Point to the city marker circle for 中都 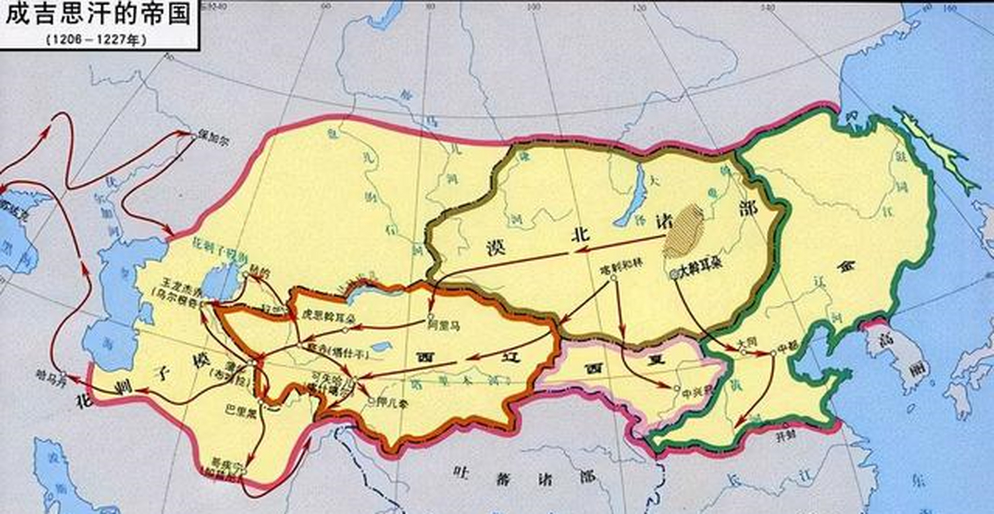click(x=773, y=353)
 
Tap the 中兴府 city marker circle click(x=676, y=388)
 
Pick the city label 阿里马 click(x=443, y=326)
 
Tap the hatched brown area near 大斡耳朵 click(x=684, y=231)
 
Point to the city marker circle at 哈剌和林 click(x=613, y=277)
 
